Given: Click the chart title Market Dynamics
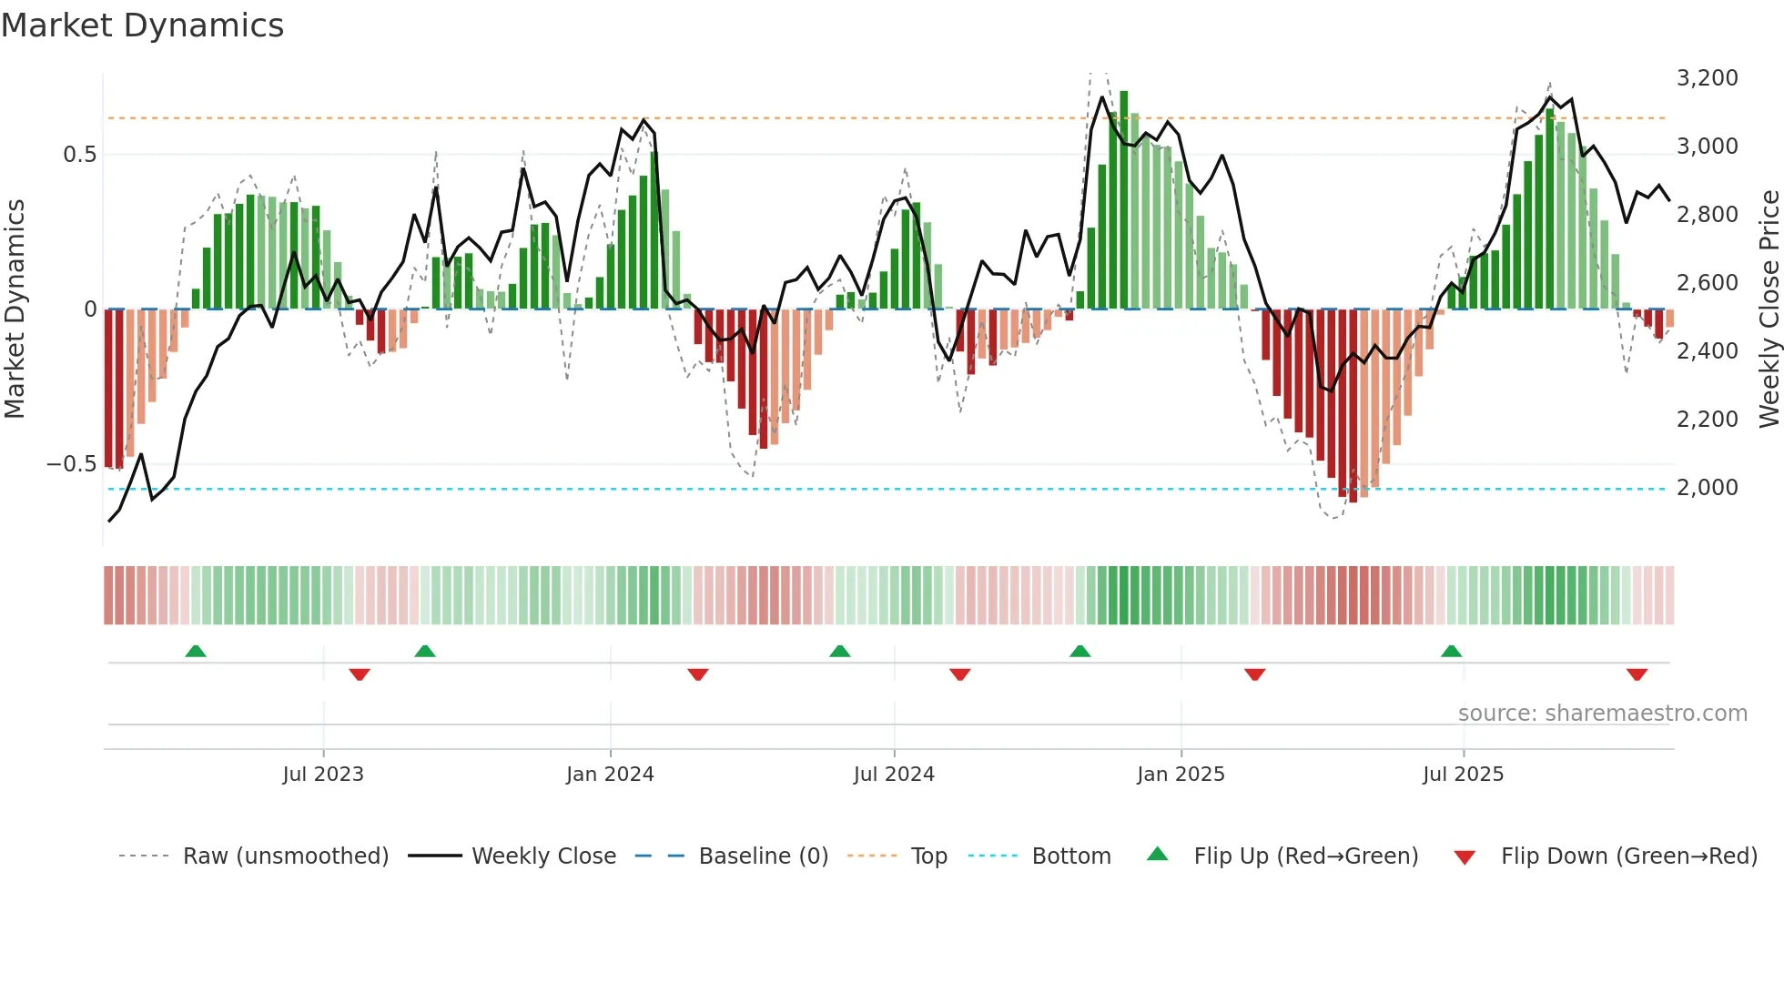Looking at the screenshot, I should tap(142, 25).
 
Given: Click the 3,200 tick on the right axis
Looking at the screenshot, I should tap(1707, 78).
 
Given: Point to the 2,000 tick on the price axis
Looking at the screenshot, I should tap(1707, 488).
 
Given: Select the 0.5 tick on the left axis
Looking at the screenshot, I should tap(79, 155).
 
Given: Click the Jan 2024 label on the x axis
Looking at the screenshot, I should tap(610, 775).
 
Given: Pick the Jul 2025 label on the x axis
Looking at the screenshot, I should tap(1463, 775).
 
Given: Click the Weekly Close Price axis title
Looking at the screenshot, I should tap(1769, 309).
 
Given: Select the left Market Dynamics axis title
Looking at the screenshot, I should tap(15, 309).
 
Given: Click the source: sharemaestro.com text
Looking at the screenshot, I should tap(1602, 714).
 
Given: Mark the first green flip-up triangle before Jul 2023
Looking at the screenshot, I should tap(196, 651).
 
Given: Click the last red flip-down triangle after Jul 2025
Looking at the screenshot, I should tap(1637, 674).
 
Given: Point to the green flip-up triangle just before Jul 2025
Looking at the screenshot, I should tap(1451, 651).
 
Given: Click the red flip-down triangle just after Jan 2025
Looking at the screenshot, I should tap(1254, 674).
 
